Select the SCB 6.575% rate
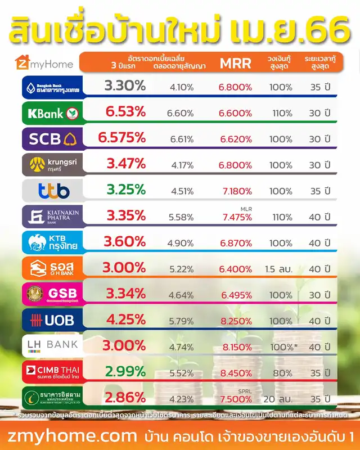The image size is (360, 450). [122, 138]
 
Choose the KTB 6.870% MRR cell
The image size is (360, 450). [236, 243]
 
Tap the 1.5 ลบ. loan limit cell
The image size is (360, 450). [279, 269]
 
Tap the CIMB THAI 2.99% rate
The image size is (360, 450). [125, 372]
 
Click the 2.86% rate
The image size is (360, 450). [125, 398]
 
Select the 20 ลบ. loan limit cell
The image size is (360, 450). [279, 399]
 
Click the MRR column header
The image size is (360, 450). [235, 63]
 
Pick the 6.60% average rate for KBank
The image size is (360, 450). [180, 114]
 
